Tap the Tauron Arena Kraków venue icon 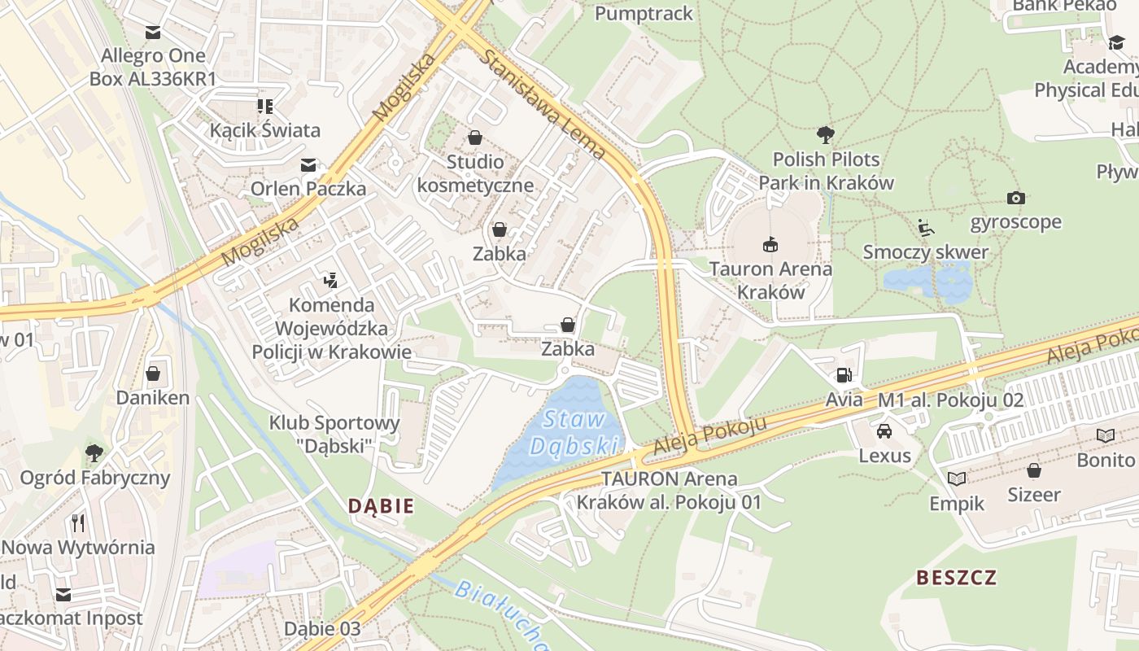(770, 243)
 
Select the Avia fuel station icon (844, 375)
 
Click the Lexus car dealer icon (884, 430)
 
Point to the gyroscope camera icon (1015, 198)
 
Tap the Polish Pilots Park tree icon (826, 134)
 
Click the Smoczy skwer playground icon (925, 227)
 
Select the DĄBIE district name (381, 506)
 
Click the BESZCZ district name (956, 578)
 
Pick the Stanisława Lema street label (543, 105)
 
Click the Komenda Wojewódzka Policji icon (330, 281)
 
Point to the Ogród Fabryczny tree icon (94, 452)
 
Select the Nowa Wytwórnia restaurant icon (78, 522)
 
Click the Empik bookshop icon (957, 478)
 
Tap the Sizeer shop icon (1033, 470)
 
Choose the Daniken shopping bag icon (152, 374)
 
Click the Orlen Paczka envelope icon (308, 164)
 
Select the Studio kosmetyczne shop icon (474, 138)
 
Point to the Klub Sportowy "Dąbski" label (334, 434)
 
